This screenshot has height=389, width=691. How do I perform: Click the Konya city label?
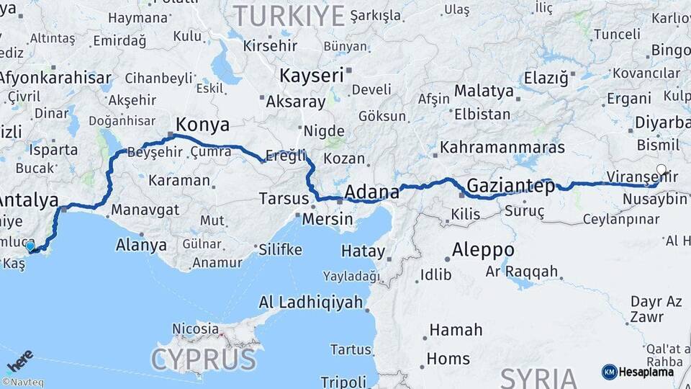coord(203,125)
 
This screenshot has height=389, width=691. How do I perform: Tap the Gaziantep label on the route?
coord(510,187)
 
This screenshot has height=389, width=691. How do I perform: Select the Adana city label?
coord(371,192)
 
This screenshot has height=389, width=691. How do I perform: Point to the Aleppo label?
coord(483,250)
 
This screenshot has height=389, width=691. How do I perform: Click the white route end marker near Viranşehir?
coord(661,171)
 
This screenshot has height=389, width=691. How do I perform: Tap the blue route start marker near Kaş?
coord(30,246)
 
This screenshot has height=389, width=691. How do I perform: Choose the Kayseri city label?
coord(312,76)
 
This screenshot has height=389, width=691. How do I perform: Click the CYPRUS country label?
coord(203,358)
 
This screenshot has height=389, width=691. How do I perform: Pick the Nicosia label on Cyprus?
coord(195,328)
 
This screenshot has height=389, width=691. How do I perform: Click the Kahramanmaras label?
coord(502,147)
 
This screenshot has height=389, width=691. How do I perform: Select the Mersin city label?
coord(328,219)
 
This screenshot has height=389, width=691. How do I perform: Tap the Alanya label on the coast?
coord(141,245)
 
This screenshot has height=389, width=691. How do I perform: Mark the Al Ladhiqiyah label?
coord(310,302)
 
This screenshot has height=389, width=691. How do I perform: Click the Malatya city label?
coord(483,91)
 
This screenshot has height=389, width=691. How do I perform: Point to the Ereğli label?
coord(286,155)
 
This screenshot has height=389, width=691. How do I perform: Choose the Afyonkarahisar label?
coord(55,78)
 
